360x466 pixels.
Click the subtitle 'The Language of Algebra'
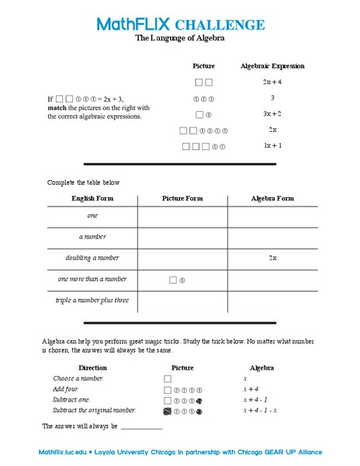point(179,37)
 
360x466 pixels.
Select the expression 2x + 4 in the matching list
point(272,82)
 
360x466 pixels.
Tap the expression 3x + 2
point(272,113)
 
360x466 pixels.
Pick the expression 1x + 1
point(272,145)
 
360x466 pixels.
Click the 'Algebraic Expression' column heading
point(272,66)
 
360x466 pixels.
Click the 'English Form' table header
point(92,198)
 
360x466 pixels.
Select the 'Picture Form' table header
point(182,198)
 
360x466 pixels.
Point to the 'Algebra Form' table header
point(272,198)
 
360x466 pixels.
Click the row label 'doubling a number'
point(92,257)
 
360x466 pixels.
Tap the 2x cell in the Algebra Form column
point(272,257)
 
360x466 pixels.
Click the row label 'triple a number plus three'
point(92,300)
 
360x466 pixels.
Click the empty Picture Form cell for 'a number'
point(182,236)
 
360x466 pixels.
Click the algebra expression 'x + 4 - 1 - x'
point(260,409)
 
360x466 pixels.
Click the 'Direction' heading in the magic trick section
point(93,367)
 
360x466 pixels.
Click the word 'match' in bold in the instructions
point(57,108)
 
